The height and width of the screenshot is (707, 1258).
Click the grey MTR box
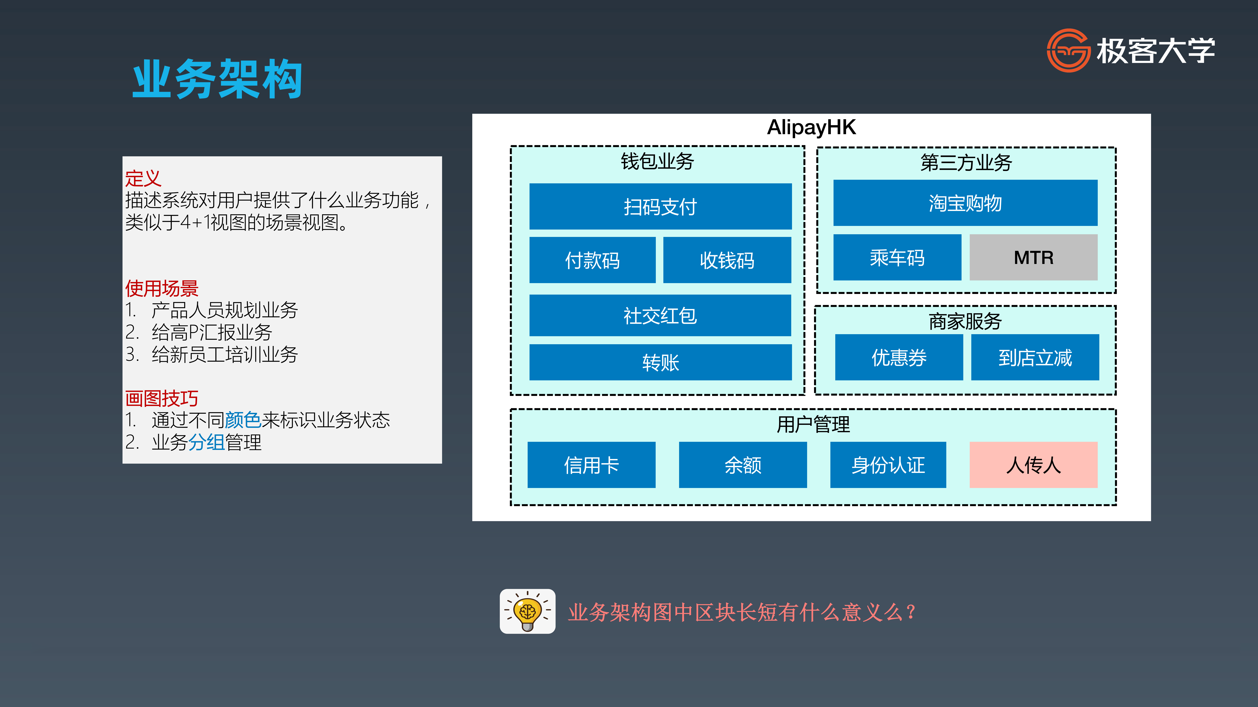1033,257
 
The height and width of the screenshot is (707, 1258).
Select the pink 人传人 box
1033,465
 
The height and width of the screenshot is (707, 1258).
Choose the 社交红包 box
660,315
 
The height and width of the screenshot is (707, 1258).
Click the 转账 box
660,362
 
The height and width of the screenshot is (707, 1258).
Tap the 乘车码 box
897,257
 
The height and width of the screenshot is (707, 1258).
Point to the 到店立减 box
1035,357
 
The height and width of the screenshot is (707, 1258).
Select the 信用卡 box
591,465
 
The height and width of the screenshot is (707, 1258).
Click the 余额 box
743,465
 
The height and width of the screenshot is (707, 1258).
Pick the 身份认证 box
888,465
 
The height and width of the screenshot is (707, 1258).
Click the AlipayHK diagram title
811,127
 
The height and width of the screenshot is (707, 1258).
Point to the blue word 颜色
243,420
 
